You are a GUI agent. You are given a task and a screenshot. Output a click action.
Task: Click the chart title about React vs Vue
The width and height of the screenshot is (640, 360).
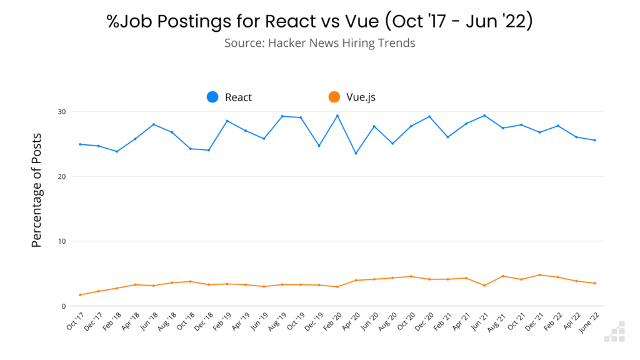click(x=319, y=21)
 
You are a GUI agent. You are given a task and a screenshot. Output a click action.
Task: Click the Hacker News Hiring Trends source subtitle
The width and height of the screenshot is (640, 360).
click(x=319, y=43)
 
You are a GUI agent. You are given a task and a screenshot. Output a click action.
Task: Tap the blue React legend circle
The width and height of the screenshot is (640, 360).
click(x=213, y=97)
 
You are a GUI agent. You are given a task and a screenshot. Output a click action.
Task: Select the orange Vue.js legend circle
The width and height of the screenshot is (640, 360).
click(x=334, y=97)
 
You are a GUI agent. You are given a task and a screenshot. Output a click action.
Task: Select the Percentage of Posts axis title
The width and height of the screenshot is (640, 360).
click(x=37, y=190)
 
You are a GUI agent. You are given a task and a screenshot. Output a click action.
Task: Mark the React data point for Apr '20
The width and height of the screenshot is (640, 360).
click(x=356, y=153)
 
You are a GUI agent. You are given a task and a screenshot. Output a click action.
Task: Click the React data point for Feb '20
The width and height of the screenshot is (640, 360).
click(x=337, y=116)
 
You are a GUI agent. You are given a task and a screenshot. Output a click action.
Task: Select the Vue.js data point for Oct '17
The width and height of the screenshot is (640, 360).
click(x=80, y=295)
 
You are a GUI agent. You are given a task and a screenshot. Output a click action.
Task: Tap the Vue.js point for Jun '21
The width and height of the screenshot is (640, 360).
click(x=484, y=286)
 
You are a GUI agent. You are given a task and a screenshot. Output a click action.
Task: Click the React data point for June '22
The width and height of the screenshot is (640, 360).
click(x=594, y=140)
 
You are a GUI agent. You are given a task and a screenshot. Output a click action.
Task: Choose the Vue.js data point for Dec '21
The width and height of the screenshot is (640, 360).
click(x=539, y=275)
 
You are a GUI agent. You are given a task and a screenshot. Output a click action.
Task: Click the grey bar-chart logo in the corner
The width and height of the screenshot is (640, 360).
click(x=614, y=332)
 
